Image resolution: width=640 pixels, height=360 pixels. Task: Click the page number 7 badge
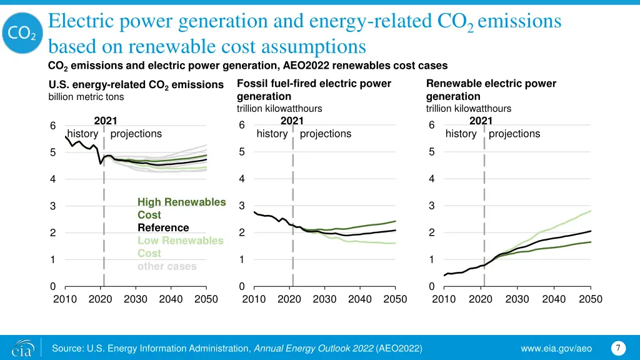pos(617,347)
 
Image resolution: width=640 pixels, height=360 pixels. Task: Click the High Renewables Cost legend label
pos(181,209)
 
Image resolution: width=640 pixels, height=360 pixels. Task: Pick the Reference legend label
pos(163,227)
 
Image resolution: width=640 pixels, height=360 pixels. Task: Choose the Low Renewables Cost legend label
pos(180,247)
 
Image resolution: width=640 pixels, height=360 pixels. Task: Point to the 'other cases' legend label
pos(167,266)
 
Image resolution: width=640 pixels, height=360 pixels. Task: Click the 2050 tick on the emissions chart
pos(206,299)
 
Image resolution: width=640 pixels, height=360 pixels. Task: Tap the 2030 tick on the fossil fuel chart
pos(324,299)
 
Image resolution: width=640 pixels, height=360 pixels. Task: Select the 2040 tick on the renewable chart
pos(554,299)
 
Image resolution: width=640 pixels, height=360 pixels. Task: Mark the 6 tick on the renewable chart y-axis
pos(432,126)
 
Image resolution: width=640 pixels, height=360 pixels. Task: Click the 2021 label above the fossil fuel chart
pos(292,121)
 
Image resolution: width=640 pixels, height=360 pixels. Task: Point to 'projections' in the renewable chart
pos(514,134)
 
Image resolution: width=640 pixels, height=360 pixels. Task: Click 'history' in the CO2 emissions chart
pos(82,134)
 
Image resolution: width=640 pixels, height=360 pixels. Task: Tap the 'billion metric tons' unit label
pos(86,97)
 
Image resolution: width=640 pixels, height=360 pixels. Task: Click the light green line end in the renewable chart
pos(591,211)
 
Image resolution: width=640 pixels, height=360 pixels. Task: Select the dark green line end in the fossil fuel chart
pos(396,221)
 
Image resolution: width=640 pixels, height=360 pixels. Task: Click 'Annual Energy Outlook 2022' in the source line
pos(314,347)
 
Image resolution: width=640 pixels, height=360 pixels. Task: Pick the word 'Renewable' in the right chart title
pos(454,84)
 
